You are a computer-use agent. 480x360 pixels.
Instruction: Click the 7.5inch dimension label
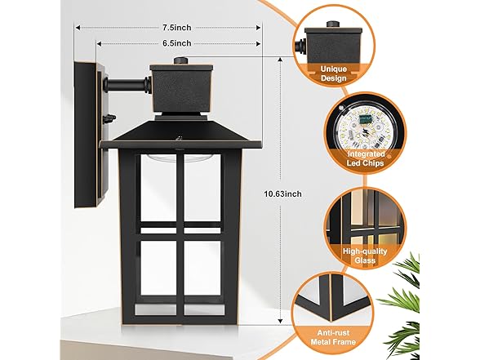coord(176,28)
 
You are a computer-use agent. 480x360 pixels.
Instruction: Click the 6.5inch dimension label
coord(176,43)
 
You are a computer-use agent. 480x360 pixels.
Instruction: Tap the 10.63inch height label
coord(282,193)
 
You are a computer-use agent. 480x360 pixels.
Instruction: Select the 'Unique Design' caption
coord(334,73)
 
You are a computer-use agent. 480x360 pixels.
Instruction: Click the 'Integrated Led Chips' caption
coord(365,158)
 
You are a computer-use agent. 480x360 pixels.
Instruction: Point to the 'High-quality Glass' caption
coord(365,256)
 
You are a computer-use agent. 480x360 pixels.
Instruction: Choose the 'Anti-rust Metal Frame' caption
coord(333,337)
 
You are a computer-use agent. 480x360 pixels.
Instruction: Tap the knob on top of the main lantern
coord(181,60)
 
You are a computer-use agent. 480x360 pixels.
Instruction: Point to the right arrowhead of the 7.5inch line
coord(258,28)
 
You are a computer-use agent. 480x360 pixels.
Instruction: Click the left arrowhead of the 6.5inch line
coord(100,44)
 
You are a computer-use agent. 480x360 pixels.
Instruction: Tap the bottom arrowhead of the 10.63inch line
coord(280,321)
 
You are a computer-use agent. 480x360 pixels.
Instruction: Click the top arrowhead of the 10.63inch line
coord(280,60)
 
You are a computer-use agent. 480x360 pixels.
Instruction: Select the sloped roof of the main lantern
coord(180,135)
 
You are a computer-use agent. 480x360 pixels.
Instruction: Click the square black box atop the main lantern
coord(181,89)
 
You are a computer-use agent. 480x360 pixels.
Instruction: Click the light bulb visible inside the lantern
coord(158,159)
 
